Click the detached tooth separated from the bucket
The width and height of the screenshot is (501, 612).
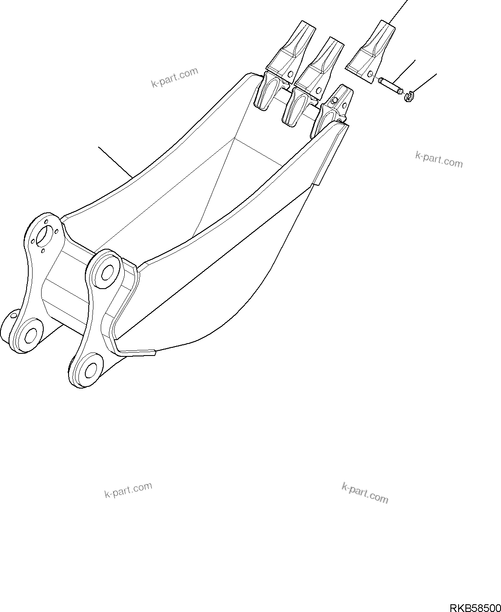click(372, 51)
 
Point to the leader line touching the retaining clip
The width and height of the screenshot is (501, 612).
click(424, 83)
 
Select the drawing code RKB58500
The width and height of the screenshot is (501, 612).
click(475, 607)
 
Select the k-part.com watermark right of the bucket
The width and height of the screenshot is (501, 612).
click(439, 159)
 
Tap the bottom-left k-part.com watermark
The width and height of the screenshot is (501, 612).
click(128, 490)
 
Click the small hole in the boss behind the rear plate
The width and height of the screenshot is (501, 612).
click(13, 316)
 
